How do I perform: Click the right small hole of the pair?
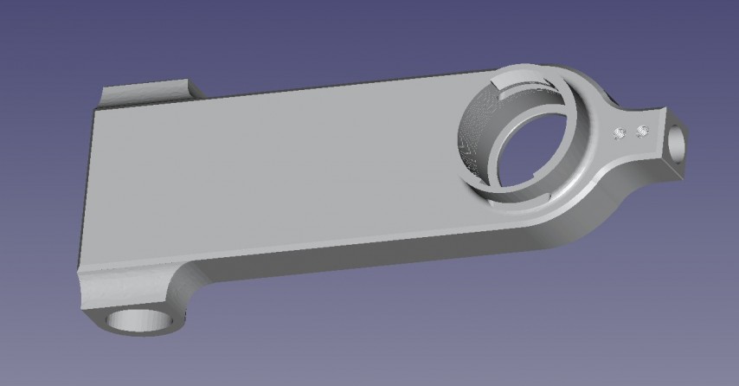coord(642,132)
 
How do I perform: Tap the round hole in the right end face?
coord(678,142)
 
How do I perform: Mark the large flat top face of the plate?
coord(277,173)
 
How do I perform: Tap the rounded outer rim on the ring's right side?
coord(597,164)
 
